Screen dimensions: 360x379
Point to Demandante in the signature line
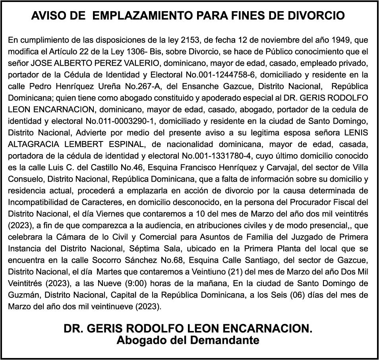tap(225, 340)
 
